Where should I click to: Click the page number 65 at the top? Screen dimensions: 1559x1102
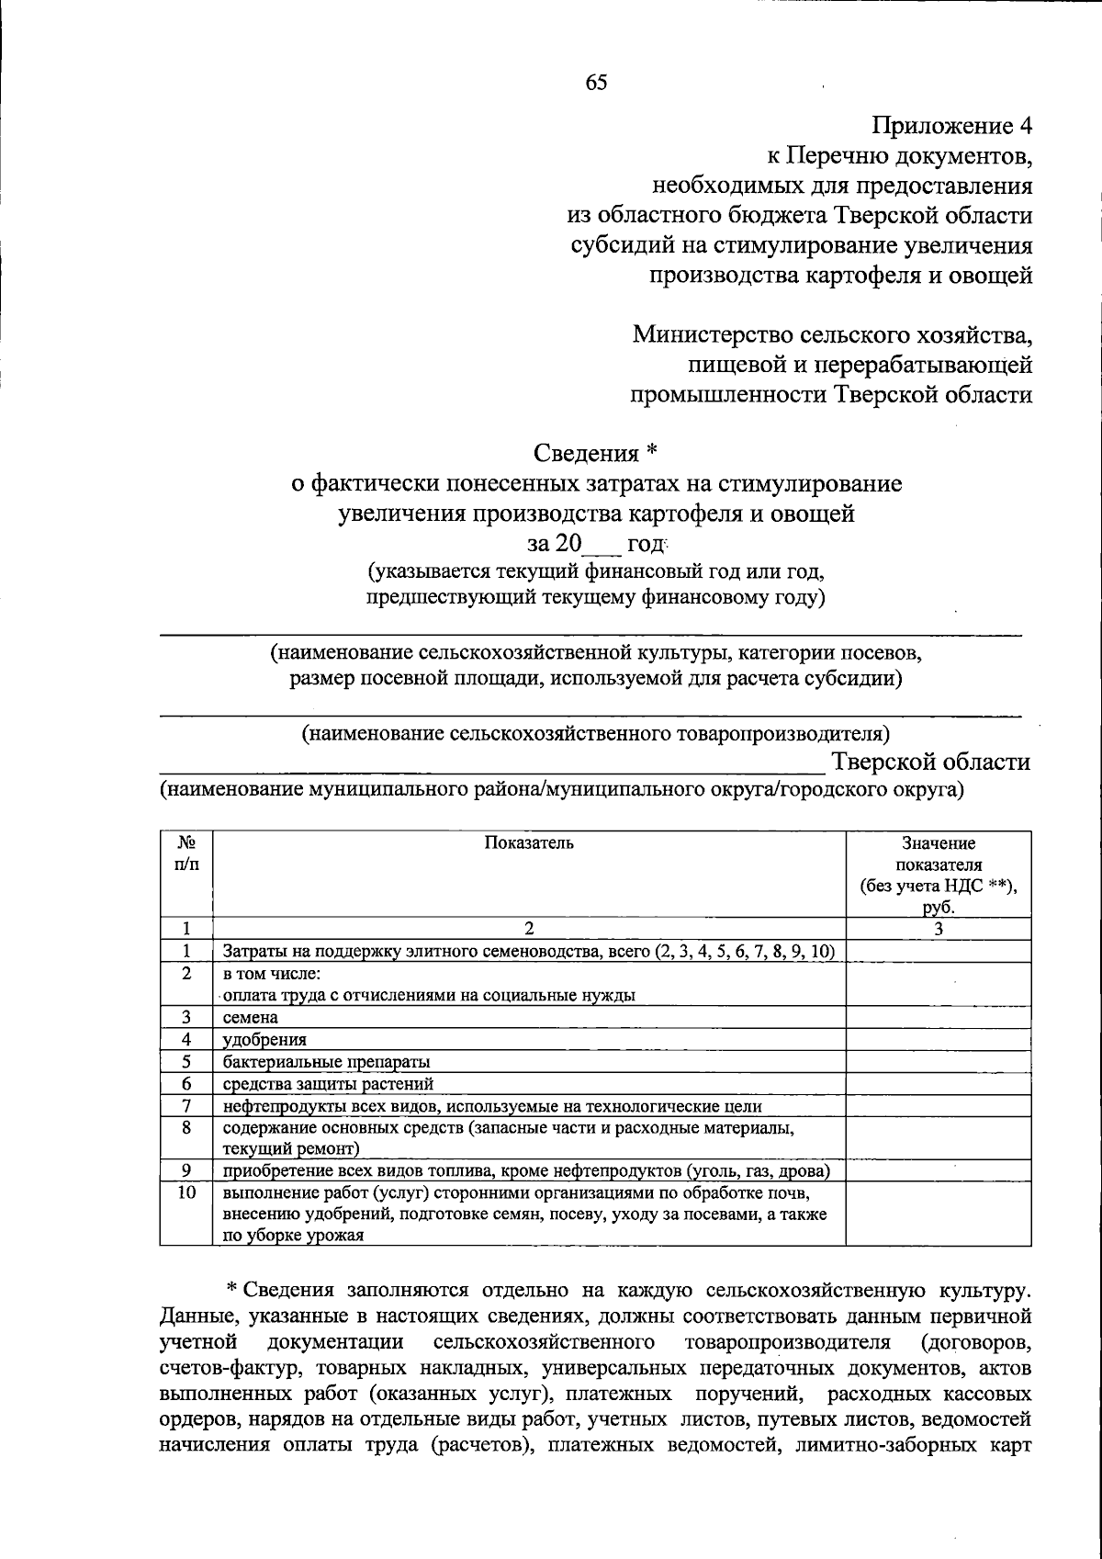coord(596,83)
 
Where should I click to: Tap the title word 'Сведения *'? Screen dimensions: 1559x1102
coord(596,453)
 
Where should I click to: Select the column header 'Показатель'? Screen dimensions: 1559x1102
coord(529,843)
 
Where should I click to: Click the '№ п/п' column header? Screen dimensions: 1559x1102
coord(186,853)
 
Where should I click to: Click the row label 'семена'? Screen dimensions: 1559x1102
coord(251,1017)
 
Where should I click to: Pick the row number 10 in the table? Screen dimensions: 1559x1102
coord(186,1192)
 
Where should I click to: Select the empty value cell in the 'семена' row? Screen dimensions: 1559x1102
coord(938,1017)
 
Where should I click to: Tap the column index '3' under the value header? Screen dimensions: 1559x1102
coord(938,929)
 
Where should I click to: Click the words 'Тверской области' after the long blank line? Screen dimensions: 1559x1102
coord(931,762)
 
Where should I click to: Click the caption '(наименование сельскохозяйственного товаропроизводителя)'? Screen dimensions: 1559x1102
coord(596,734)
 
